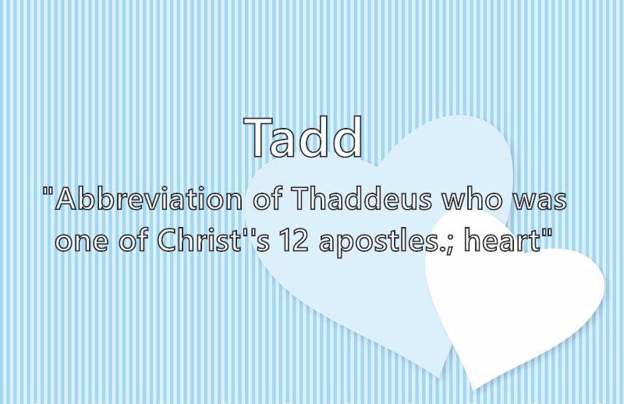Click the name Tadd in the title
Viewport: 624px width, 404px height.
coord(303,137)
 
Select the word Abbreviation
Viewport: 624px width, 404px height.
coord(148,198)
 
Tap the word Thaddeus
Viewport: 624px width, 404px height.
coord(362,198)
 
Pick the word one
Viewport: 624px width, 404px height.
coord(82,241)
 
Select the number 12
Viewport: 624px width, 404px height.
coord(294,240)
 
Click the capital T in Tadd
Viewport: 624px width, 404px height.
coord(258,137)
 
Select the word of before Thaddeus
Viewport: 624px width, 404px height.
coord(268,198)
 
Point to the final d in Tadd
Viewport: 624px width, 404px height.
coord(347,137)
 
